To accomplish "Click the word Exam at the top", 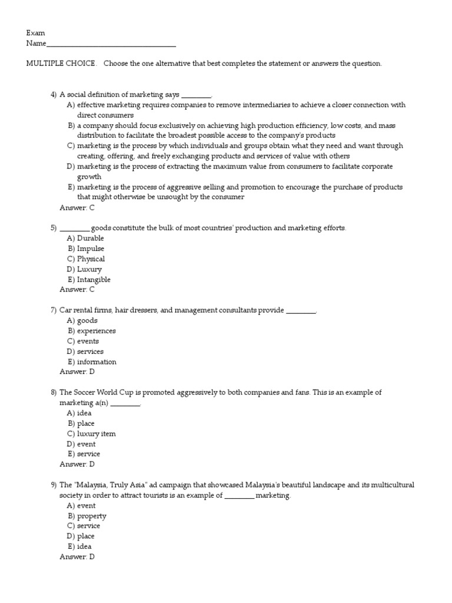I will coord(35,33).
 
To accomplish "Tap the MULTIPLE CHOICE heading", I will coord(61,64).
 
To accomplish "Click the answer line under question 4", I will coord(77,207).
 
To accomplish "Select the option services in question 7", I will coord(90,352).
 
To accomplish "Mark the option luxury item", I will coord(97,434).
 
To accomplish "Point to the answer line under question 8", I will coord(77,464).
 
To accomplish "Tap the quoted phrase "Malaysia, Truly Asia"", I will coord(114,485).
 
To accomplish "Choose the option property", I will coord(92,516).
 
